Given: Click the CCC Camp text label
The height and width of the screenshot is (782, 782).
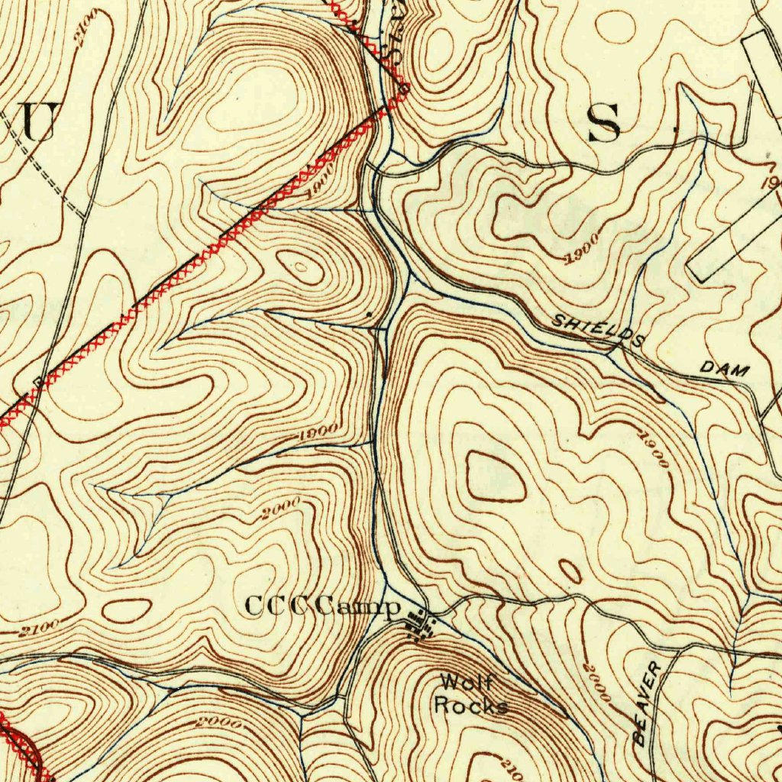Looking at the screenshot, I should point(322,607).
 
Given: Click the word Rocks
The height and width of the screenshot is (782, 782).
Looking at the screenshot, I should point(470,705).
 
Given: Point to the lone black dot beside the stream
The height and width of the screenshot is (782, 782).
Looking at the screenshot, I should point(370,314).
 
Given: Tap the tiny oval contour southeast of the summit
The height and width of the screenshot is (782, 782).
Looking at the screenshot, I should point(570,570).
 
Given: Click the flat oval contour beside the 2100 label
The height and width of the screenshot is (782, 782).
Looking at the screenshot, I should point(126,610).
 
